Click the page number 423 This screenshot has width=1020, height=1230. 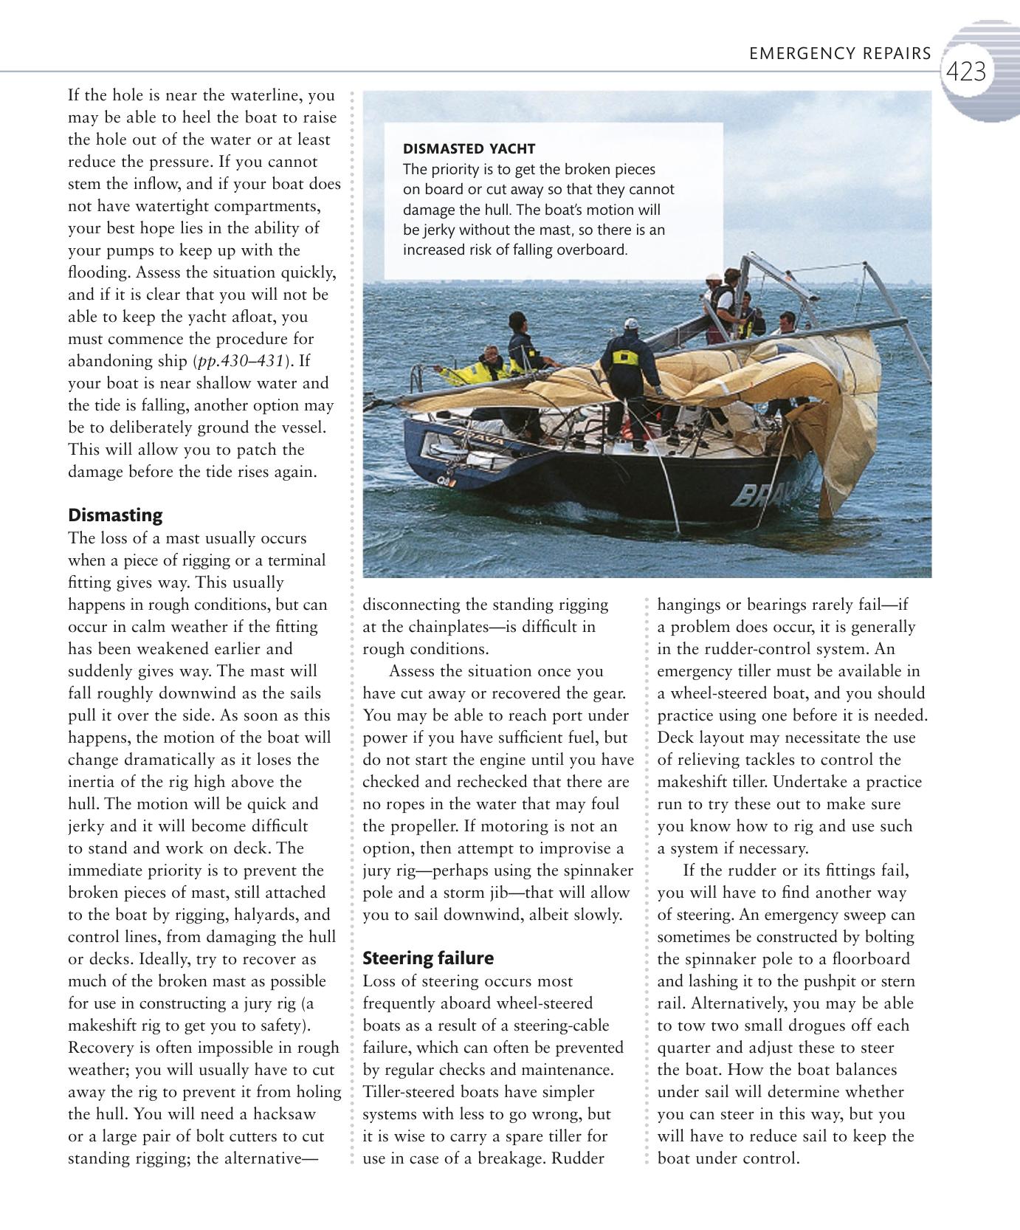966,72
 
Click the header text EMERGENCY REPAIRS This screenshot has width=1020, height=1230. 840,54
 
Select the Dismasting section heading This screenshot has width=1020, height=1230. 115,515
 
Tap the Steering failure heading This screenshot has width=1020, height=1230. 428,958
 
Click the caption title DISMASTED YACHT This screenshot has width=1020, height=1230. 469,148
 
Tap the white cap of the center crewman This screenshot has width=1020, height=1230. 630,323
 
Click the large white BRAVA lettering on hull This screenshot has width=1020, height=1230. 768,493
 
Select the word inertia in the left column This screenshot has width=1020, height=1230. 96,782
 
